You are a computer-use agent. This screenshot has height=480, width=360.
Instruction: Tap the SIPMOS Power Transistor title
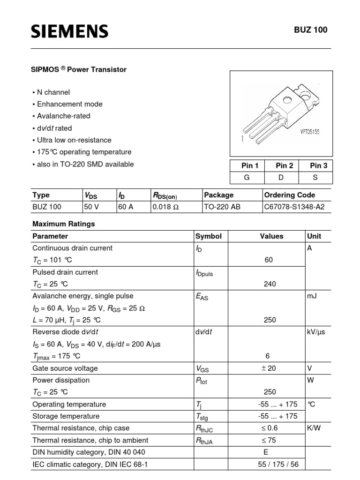[x=79, y=69]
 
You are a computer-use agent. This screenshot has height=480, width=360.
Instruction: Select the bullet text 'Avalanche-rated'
[x=63, y=116]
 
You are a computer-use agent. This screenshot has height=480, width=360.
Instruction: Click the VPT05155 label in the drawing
[x=310, y=132]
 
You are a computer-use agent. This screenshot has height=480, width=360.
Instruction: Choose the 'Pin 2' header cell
[x=284, y=165]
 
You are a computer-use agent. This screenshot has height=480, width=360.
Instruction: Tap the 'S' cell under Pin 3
[x=319, y=178]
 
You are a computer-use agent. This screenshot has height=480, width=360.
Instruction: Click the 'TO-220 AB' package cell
[x=222, y=206]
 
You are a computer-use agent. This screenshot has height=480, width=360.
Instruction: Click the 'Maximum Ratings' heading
[x=63, y=224]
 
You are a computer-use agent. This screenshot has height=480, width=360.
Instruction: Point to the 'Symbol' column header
[x=208, y=236]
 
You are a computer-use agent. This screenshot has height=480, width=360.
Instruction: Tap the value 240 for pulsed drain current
[x=270, y=284]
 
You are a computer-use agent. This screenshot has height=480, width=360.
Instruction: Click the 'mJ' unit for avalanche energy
[x=312, y=296]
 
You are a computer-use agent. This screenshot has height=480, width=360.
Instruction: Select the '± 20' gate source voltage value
[x=269, y=368]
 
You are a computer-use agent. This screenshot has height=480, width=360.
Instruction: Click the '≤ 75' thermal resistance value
[x=269, y=440]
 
